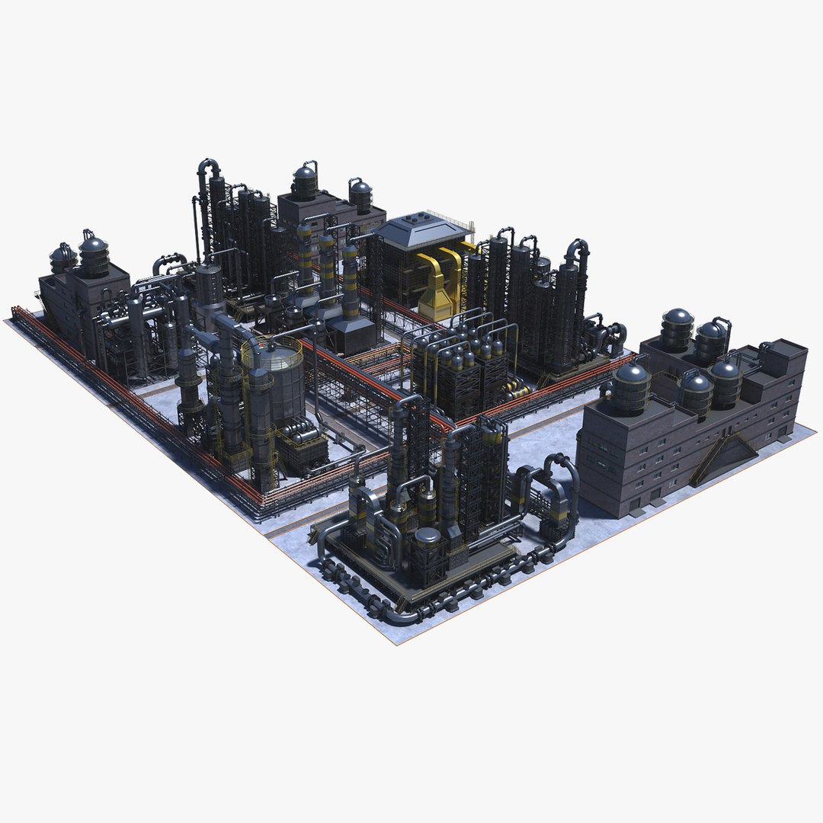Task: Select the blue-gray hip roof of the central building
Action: pyautogui.click(x=424, y=229)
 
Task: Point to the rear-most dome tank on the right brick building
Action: pyautogui.click(x=676, y=328)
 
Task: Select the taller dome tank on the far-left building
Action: pyautogui.click(x=94, y=255)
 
